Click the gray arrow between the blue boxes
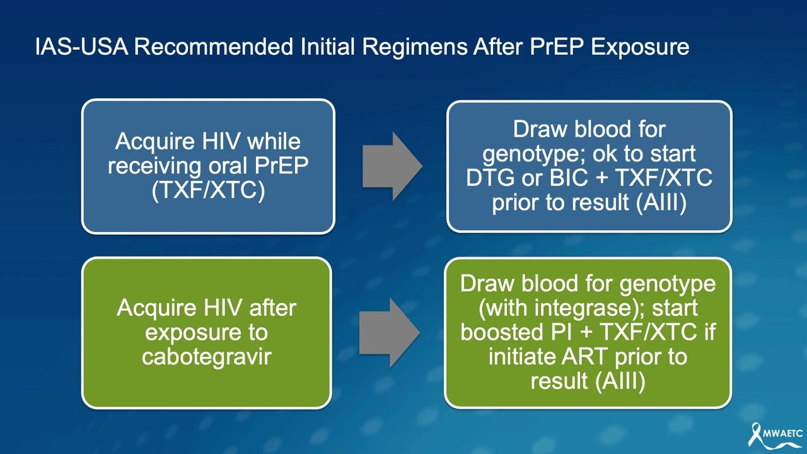click(392, 166)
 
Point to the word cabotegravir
click(206, 357)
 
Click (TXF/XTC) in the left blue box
click(208, 190)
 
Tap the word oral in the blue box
click(229, 166)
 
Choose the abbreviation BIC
click(560, 178)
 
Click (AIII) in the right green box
click(620, 381)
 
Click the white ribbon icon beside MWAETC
click(755, 434)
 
